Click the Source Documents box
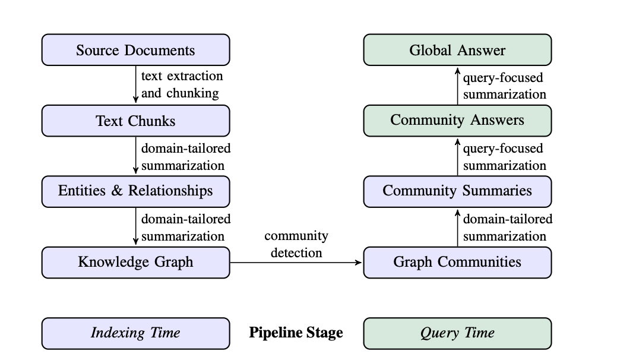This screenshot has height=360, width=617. [136, 50]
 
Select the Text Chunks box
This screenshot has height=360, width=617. [136, 121]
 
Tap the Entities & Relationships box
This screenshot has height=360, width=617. [136, 192]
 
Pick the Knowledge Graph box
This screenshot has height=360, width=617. [136, 263]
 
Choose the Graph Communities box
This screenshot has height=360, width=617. [458, 263]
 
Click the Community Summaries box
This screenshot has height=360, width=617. [458, 192]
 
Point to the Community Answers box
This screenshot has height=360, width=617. [458, 121]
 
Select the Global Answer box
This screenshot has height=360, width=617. [458, 50]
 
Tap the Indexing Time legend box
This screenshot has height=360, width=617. [136, 333]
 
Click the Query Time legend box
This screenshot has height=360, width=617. [458, 333]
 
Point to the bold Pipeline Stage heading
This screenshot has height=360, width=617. [296, 333]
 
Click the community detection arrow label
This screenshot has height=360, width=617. [296, 244]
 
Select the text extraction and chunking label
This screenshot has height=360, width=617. [182, 84]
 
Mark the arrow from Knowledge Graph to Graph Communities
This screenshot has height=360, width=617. [296, 263]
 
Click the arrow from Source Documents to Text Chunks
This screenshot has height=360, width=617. [136, 84]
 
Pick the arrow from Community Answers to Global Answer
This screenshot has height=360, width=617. [458, 86]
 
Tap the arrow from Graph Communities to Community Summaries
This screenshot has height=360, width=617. [458, 228]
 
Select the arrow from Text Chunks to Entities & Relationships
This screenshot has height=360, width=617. [136, 155]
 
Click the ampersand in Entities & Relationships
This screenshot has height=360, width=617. [117, 191]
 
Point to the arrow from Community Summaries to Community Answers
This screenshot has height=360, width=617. [458, 157]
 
